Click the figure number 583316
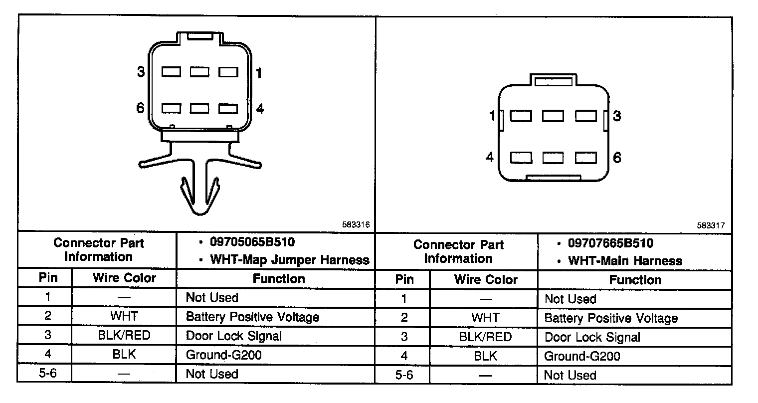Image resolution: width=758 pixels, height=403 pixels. [356, 225]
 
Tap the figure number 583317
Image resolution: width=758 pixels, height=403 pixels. [711, 225]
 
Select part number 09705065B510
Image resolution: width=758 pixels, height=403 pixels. [252, 242]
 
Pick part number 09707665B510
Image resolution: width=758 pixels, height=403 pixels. [610, 244]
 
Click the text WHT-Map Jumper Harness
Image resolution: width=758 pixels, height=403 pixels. [290, 259]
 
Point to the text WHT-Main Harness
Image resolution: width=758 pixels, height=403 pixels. [625, 261]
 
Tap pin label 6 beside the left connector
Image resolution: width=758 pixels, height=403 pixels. [141, 108]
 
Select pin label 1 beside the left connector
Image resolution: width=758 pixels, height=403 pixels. [258, 73]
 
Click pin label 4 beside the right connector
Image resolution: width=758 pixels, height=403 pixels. [490, 157]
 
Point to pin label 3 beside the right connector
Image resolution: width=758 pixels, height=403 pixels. [617, 116]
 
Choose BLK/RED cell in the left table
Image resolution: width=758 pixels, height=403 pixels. [124, 336]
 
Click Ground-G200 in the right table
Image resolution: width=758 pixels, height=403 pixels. [582, 356]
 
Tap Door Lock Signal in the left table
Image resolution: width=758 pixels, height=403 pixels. [233, 336]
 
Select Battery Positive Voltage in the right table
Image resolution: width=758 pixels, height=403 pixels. [611, 318]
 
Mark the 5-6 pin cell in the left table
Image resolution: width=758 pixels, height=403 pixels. [47, 374]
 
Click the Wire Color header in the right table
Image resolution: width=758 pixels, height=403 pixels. [485, 280]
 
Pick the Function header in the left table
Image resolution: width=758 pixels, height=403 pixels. [278, 278]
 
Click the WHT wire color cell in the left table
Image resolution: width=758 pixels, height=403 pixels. [124, 316]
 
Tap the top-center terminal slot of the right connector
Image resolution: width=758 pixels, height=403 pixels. [553, 116]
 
